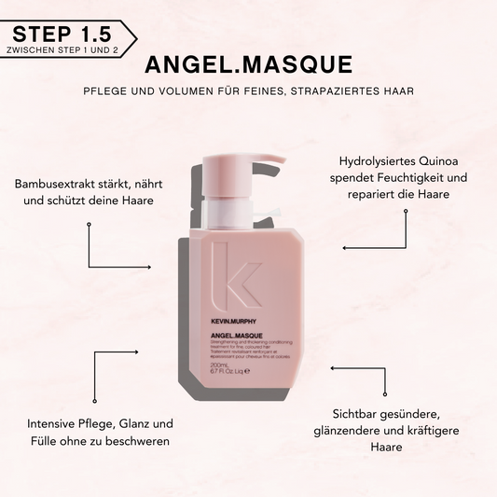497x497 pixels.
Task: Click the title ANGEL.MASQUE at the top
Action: pyautogui.click(x=248, y=64)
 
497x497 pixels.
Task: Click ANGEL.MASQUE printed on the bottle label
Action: pyautogui.click(x=236, y=335)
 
